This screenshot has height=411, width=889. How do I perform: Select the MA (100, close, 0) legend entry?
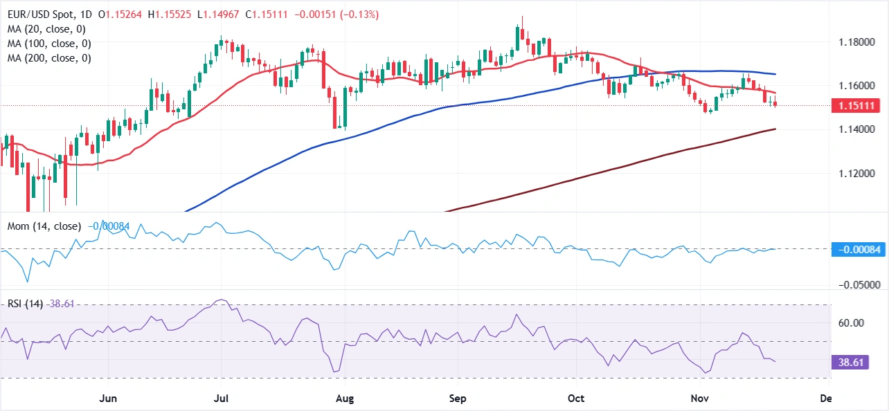49,44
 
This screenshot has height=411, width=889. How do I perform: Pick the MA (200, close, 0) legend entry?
49,58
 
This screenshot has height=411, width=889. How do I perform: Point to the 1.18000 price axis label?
856,42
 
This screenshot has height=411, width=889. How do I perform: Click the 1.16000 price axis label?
856,86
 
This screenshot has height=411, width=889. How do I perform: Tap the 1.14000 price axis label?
856,129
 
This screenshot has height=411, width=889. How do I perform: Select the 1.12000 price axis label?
856,173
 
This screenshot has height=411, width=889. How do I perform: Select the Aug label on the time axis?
344,399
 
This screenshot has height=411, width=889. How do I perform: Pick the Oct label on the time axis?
576,399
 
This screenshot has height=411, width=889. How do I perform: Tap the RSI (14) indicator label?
23,304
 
